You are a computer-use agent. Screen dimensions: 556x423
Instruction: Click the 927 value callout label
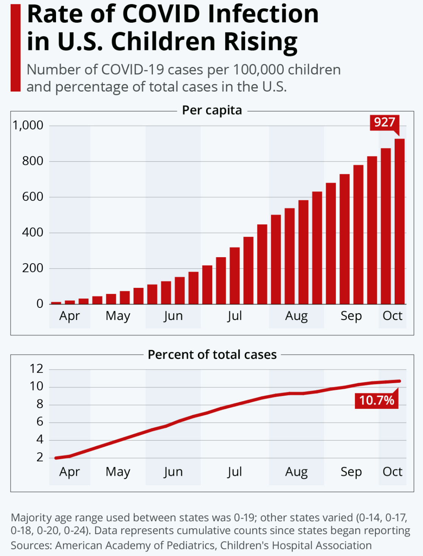click(384, 123)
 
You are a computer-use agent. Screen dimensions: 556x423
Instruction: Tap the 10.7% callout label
click(376, 400)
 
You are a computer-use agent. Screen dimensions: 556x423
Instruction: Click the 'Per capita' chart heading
click(212, 110)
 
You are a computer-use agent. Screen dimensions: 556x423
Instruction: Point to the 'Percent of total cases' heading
click(212, 355)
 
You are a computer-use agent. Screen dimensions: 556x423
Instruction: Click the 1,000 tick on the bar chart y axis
click(28, 125)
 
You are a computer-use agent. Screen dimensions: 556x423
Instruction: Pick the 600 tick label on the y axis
click(33, 197)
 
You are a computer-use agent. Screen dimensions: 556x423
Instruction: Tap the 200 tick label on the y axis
click(33, 268)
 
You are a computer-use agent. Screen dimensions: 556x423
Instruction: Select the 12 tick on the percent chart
click(37, 368)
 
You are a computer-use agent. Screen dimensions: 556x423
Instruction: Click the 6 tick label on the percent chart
click(40, 422)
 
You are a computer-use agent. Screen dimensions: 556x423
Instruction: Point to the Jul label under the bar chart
click(235, 316)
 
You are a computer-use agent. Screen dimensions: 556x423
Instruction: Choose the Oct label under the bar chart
click(392, 316)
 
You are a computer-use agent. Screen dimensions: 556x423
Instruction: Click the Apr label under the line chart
click(70, 472)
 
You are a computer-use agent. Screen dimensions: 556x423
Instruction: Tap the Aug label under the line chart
click(296, 472)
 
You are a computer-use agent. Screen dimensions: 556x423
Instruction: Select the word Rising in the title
click(261, 42)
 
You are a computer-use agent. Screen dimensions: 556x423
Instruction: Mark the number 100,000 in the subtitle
click(258, 70)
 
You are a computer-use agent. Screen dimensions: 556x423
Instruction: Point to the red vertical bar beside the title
click(16, 48)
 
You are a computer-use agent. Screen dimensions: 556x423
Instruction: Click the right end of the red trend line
click(399, 381)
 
